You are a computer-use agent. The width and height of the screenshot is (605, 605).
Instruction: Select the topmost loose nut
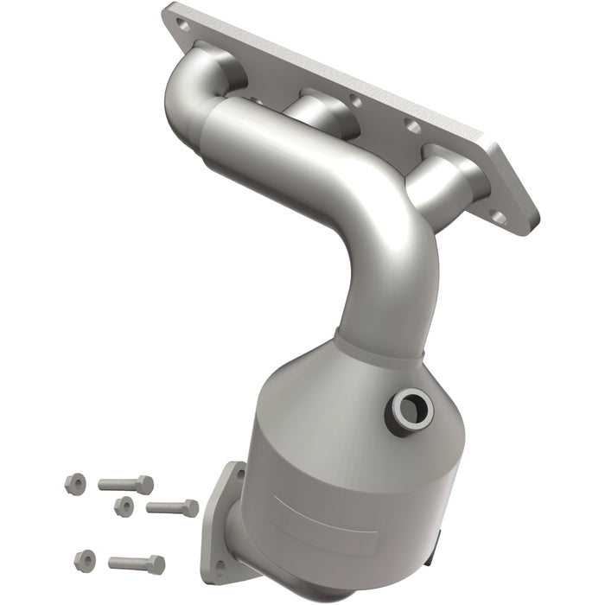point(75,481)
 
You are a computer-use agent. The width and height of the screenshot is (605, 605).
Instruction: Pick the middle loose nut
point(124,506)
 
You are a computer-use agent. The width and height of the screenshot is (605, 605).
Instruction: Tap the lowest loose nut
point(85,559)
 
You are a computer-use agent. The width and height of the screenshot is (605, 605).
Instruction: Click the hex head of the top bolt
point(144,485)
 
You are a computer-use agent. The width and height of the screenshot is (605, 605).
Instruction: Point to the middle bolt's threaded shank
point(164,506)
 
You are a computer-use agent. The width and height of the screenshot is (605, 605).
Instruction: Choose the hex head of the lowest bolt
point(156,564)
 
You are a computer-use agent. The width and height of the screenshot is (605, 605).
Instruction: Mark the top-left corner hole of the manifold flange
point(183,25)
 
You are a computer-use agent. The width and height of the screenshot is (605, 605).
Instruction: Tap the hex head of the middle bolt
point(190,508)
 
